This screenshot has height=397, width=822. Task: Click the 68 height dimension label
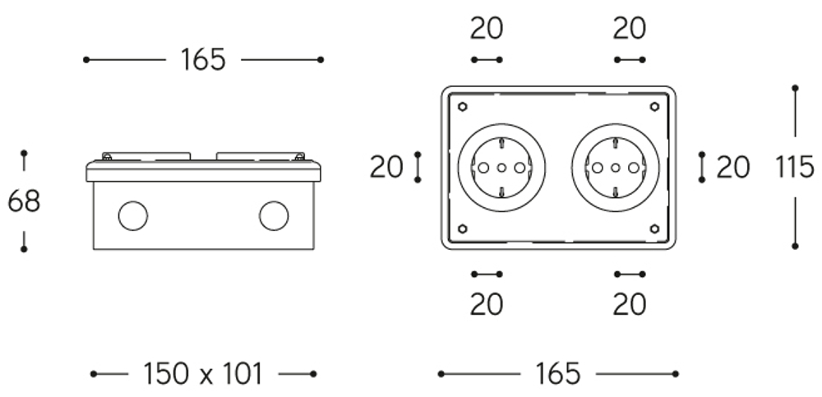click(24, 201)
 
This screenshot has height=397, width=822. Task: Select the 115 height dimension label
click(795, 168)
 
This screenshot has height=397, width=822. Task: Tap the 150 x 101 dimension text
click(202, 374)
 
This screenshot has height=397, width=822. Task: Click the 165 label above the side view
click(203, 60)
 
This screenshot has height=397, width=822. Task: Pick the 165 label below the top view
click(558, 374)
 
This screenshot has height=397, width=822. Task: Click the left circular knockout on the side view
click(133, 215)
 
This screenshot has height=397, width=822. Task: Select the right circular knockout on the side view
click(274, 215)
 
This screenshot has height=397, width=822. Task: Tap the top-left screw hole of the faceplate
click(462, 107)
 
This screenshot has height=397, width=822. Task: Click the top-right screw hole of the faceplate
click(654, 107)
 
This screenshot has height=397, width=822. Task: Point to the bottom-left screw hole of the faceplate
click(462, 229)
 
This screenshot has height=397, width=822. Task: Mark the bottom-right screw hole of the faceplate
click(654, 229)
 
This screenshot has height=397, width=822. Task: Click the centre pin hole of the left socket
click(501, 168)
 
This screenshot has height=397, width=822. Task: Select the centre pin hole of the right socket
click(616, 168)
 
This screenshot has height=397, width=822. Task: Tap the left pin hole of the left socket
click(484, 168)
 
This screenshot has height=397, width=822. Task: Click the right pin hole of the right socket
click(634, 168)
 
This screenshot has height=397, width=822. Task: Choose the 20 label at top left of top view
click(487, 28)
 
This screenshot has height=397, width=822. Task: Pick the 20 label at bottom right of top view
click(629, 304)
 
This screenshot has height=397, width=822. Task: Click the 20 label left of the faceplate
click(386, 168)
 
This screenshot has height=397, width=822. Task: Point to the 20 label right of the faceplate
click(733, 168)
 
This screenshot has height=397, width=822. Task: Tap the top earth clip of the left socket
click(501, 143)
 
